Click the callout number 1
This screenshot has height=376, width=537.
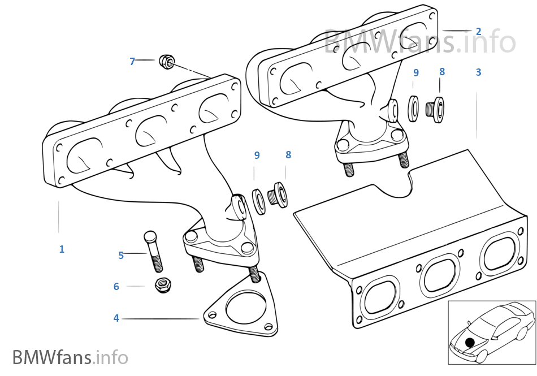pos(62,249)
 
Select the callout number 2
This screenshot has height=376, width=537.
pos(478,31)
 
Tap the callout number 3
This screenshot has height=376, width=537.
pos(478,72)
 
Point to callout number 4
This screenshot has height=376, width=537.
pos(116,318)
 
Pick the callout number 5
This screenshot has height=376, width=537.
pos(121,255)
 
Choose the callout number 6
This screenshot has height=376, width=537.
pos(116,287)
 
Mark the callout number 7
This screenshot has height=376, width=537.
pos(132,61)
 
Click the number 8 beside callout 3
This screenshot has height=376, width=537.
pos(442,72)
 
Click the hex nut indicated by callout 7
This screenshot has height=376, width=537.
pos(167,61)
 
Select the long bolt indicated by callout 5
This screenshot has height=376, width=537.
pos(154,252)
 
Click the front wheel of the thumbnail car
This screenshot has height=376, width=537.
pos(481,356)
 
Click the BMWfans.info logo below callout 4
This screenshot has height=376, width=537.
pos(70,357)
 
